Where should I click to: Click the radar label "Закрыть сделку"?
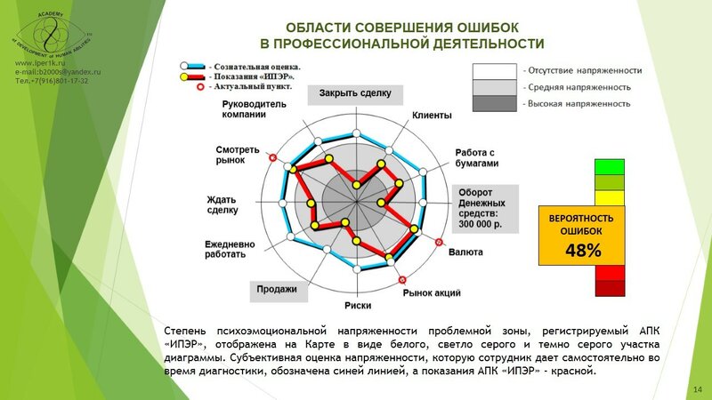(356, 93)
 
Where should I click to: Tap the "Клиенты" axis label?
(433, 116)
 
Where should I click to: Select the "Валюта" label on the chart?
(466, 252)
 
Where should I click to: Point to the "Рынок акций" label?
(432, 292)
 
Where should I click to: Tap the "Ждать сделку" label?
(222, 204)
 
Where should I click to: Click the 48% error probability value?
(583, 251)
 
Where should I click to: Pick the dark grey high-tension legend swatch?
(495, 103)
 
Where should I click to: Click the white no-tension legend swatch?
(495, 70)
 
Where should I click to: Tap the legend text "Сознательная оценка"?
(255, 66)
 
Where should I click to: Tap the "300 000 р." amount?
(481, 225)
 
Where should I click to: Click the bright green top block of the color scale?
(610, 167)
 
